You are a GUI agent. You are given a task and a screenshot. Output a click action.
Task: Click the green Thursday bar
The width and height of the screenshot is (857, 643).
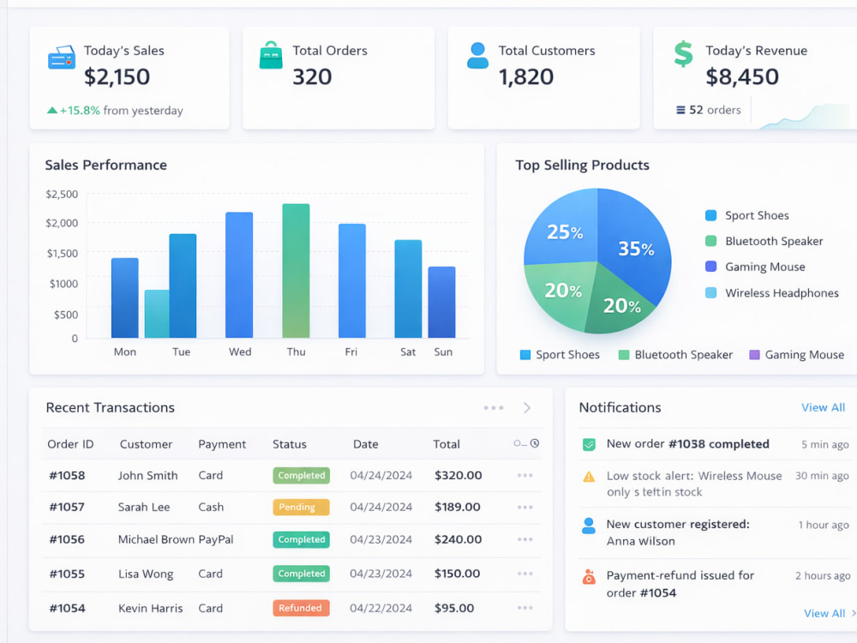tap(296, 271)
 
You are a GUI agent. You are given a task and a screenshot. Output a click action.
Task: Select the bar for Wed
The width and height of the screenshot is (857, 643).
tap(239, 275)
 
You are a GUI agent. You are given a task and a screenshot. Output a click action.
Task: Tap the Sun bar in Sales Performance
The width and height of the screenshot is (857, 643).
tap(441, 303)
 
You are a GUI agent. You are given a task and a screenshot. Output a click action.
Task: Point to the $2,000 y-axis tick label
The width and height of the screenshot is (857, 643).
tap(62, 223)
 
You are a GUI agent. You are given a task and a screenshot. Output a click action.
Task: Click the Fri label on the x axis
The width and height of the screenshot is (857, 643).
tap(351, 352)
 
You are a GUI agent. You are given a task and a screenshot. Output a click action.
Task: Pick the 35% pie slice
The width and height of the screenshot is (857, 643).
tap(634, 246)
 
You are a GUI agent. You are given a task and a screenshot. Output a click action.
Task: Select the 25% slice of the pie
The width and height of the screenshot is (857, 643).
tap(563, 230)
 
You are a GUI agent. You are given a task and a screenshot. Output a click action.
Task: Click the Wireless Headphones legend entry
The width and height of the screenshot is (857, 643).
tap(772, 293)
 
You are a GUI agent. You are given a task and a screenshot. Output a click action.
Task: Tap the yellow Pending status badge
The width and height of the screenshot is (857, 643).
tap(301, 508)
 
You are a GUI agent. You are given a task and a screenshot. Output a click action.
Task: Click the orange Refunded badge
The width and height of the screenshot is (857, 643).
tap(301, 608)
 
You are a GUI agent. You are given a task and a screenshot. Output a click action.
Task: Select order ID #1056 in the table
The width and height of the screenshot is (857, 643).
tap(67, 539)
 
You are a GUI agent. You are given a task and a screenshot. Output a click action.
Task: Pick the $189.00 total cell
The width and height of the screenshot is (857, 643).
tap(458, 508)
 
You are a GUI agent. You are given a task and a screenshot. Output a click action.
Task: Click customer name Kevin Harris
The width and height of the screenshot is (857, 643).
tap(150, 608)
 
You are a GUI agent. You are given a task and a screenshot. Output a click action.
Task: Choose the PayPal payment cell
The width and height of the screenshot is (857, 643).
tap(216, 539)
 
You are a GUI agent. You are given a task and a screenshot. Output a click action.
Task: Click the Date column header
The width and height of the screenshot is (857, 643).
tap(366, 444)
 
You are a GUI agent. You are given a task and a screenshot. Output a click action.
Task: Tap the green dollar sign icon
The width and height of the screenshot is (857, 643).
tap(683, 54)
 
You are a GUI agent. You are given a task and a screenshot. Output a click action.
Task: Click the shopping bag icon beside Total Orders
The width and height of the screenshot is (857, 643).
tap(271, 55)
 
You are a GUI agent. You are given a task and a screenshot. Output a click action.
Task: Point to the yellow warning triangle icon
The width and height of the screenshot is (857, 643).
tap(589, 477)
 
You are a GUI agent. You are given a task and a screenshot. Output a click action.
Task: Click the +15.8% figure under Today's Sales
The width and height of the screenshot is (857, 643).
tap(80, 111)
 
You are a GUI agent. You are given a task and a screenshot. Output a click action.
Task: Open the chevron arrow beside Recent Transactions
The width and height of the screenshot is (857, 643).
tap(527, 408)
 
